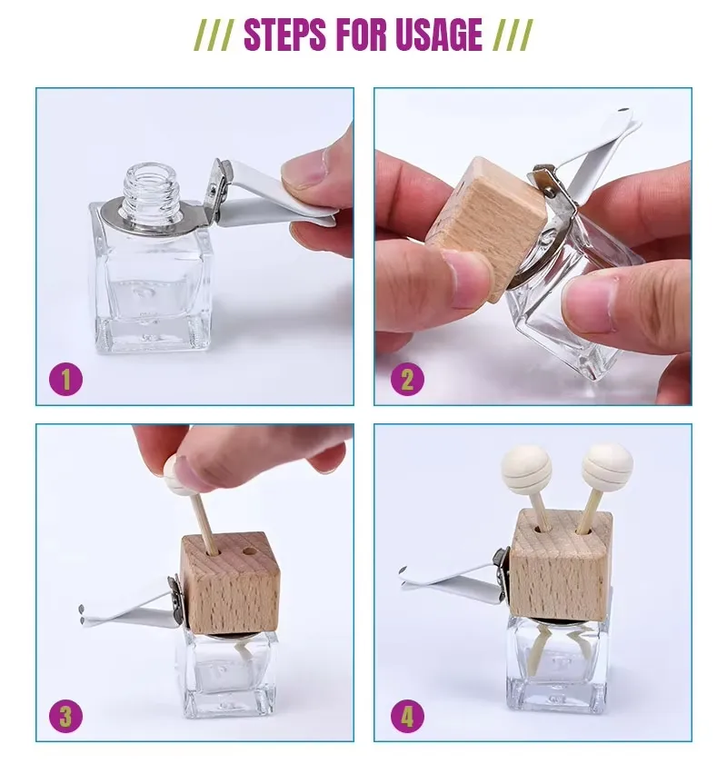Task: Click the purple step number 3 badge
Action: pos(65,716)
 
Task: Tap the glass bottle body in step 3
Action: pos(230,672)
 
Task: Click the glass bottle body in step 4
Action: pos(556,663)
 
